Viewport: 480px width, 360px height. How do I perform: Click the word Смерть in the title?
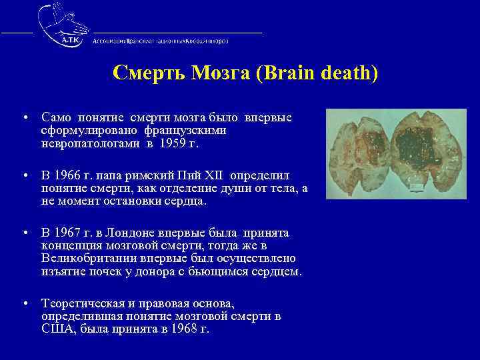tap(141, 73)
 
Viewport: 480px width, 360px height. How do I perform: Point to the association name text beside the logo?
tap(160, 41)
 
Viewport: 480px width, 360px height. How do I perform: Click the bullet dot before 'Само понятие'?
tap(24, 118)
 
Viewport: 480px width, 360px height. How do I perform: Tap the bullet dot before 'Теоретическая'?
tap(24, 303)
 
